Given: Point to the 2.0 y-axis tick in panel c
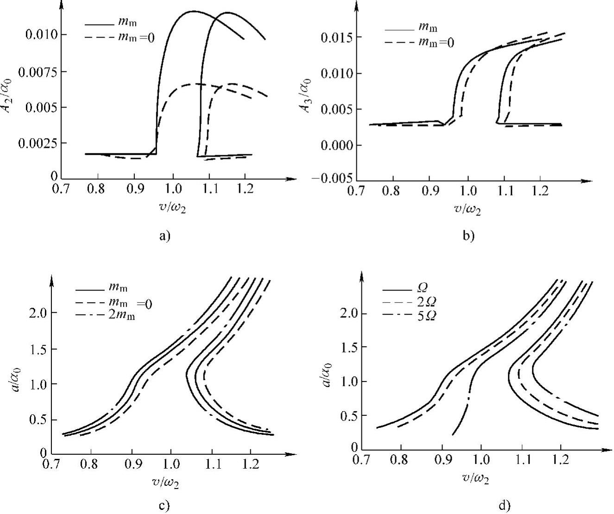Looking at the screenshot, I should point(36,313).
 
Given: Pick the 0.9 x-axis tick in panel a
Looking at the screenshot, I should point(134,190).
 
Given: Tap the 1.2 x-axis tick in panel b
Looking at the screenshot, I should point(539,190).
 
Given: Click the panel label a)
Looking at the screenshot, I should point(165,236).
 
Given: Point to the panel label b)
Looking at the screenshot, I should point(468,236).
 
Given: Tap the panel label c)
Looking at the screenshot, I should point(165,505).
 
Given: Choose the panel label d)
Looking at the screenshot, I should point(504,505).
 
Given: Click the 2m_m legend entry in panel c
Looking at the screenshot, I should point(122,317).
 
